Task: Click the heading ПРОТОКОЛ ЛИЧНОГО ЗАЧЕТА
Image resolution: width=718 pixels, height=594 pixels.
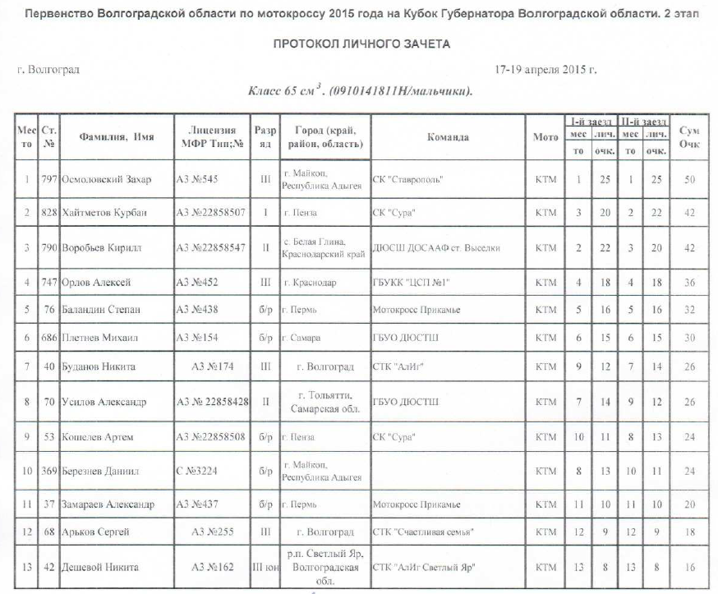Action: point(361,44)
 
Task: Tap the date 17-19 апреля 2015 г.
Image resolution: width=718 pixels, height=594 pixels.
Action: point(545,70)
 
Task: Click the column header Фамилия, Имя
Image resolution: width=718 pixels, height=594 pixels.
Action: point(116,137)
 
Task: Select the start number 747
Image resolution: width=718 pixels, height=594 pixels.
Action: point(51,282)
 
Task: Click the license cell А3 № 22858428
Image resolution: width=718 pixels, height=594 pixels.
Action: point(213,402)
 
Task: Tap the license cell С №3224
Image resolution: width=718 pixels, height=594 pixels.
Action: point(199,471)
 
